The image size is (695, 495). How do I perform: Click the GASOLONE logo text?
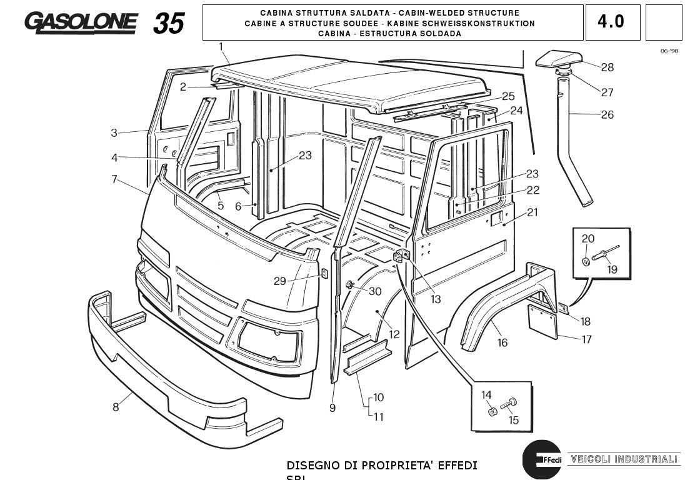[x=81, y=22]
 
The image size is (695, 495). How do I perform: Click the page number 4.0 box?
[x=612, y=22]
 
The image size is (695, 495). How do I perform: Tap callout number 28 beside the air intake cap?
[x=607, y=67]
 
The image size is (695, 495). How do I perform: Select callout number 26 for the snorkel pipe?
[x=607, y=114]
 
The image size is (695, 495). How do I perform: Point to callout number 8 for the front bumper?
[x=116, y=407]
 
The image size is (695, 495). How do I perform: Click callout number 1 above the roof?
[x=221, y=46]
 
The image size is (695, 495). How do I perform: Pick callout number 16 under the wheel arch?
[x=502, y=342]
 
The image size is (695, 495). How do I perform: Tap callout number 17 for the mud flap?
[x=586, y=340]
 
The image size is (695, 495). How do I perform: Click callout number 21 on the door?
[x=532, y=212]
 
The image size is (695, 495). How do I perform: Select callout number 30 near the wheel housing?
[x=375, y=291]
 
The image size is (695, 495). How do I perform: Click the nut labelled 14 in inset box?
[x=492, y=411]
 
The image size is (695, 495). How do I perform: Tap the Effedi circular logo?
[x=541, y=459]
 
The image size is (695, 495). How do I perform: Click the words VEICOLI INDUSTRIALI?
[x=622, y=459]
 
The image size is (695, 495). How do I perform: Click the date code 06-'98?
[x=668, y=51]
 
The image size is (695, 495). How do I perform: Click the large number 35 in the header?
[x=169, y=23]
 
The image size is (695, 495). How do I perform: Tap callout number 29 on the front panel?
[x=279, y=281]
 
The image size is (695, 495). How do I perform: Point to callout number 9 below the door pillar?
[x=332, y=408]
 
